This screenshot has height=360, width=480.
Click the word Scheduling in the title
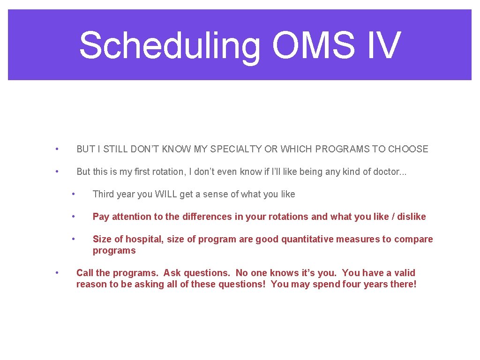[169, 45]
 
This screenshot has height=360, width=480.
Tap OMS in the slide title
[319, 45]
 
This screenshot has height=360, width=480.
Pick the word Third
[103, 194]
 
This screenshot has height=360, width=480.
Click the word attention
[129, 217]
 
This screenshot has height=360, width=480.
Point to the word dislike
[412, 217]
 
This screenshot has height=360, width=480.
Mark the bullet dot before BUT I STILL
[56, 149]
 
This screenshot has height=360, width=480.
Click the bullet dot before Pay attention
[73, 217]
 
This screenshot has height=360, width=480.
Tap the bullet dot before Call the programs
[56, 273]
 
